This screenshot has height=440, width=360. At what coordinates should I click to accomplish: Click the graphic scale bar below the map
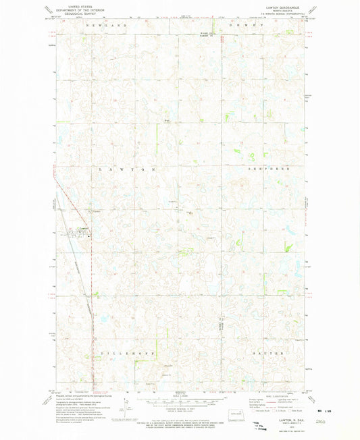pos(180,400)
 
